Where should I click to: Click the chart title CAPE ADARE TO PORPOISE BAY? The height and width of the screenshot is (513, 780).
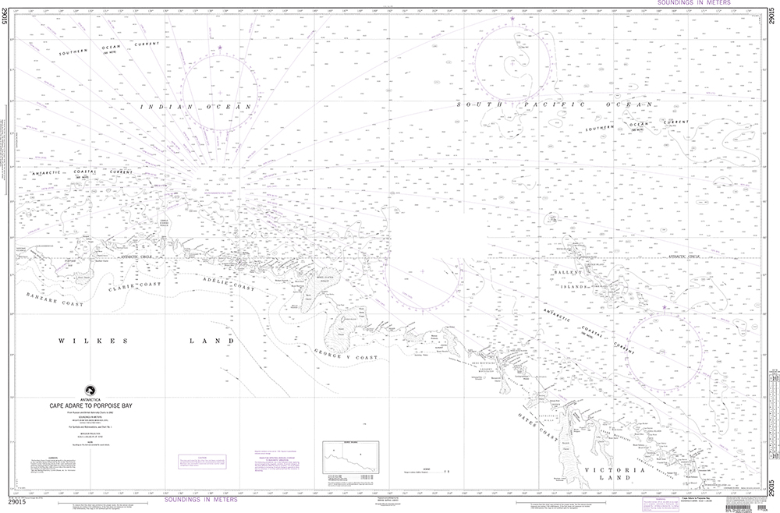coord(94,406)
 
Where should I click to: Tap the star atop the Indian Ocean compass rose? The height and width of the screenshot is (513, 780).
coord(220,48)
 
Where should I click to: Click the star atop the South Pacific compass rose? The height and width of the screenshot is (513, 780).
coord(512,19)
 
